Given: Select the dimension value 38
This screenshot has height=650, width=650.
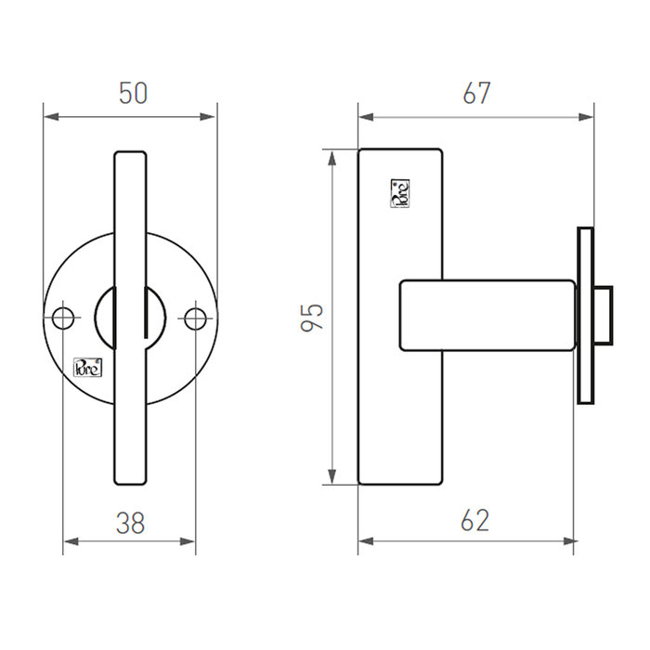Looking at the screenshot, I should (x=130, y=523).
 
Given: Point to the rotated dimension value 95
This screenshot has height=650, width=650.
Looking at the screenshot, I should (x=313, y=317).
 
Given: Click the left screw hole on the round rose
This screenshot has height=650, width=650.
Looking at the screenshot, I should (x=63, y=318).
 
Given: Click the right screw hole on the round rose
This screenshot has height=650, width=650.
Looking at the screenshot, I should (x=195, y=318).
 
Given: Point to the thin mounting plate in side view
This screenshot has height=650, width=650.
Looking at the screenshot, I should (x=584, y=316).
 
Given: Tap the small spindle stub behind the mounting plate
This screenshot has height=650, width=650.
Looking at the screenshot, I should (x=602, y=316).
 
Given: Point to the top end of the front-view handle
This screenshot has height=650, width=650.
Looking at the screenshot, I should (x=130, y=155).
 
